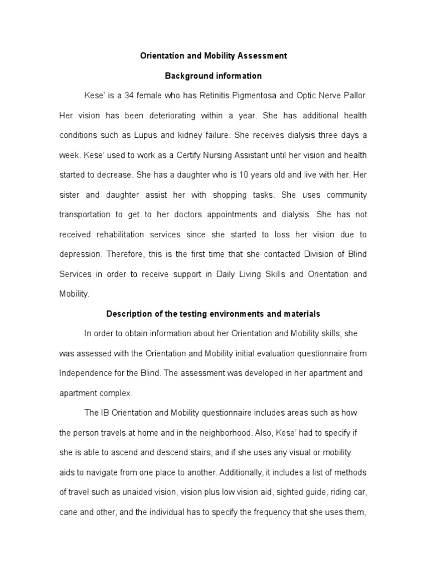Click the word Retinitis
[x=210, y=96]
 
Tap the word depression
[x=80, y=254]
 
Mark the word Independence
[x=87, y=373]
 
